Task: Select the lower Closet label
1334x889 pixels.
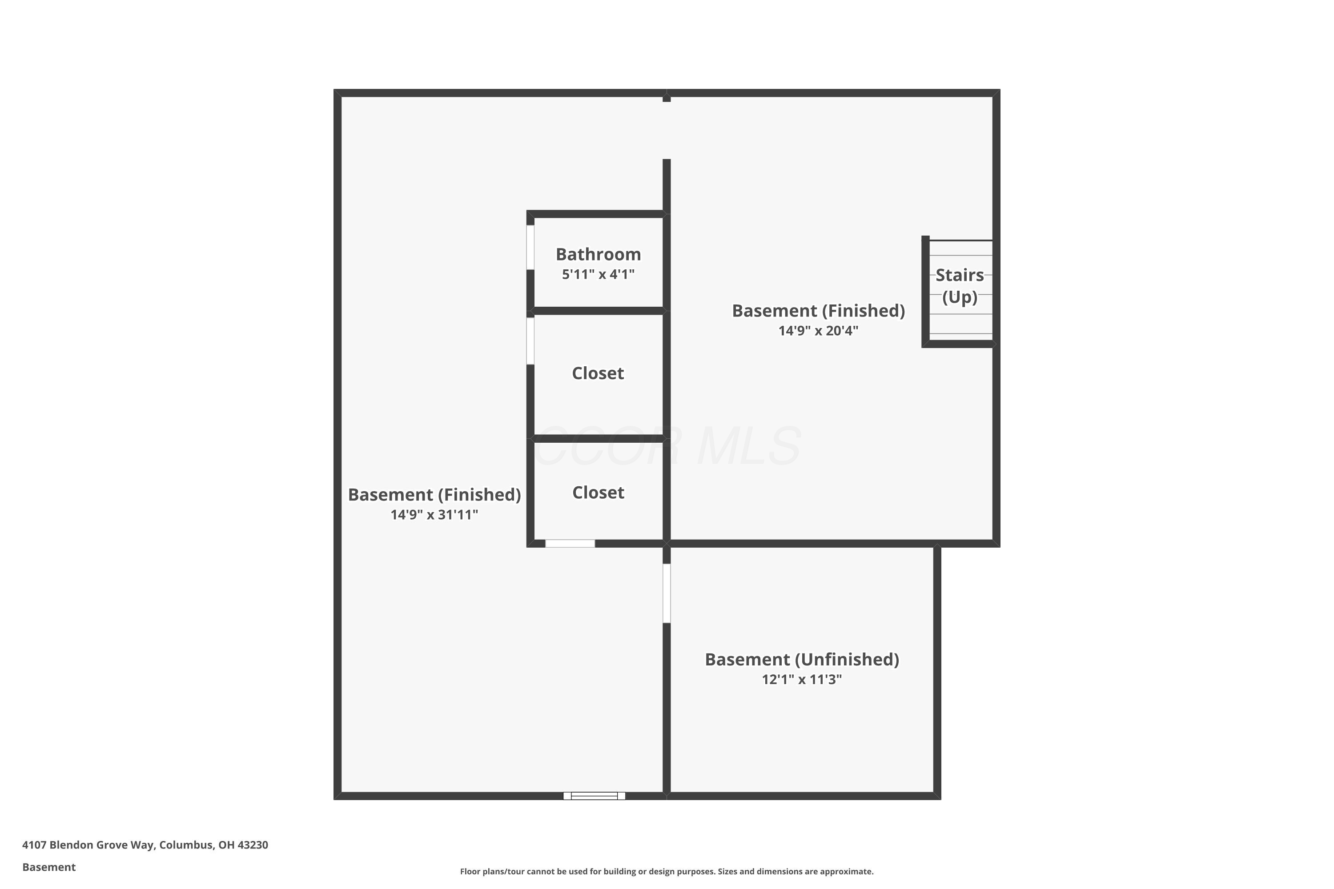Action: tap(598, 492)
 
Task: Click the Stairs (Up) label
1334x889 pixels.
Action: tap(959, 286)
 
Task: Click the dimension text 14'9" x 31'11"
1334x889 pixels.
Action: tap(434, 514)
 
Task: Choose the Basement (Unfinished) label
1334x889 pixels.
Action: tap(801, 659)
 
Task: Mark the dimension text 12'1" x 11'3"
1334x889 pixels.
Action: tap(801, 679)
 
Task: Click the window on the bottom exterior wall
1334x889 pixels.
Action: tap(594, 796)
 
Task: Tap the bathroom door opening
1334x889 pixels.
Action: tap(530, 247)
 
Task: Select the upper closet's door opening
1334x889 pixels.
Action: tap(530, 340)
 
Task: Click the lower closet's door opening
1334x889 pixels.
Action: tap(570, 544)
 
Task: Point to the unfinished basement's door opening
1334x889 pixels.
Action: tap(667, 593)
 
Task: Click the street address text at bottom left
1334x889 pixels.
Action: tap(145, 845)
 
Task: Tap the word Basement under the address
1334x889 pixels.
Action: tap(49, 867)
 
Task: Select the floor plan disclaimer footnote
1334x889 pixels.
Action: tap(667, 871)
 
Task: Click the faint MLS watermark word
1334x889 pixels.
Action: tap(749, 447)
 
